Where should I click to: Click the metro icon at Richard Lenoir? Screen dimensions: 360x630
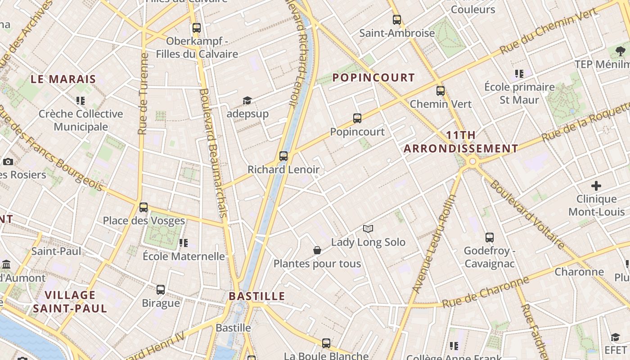point(283,156)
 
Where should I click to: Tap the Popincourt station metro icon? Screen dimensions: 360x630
point(357,118)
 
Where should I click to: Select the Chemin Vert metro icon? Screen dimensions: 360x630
point(440,90)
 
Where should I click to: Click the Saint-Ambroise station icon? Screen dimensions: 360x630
point(396,20)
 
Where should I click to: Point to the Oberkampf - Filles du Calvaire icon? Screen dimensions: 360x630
point(196,27)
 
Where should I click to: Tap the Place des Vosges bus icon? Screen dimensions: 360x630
point(144,207)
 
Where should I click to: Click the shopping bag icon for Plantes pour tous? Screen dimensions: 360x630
point(317,250)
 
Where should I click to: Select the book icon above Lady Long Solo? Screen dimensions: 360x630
point(368,229)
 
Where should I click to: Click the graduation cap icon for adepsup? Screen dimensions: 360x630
point(247,100)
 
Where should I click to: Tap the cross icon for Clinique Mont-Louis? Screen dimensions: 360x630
point(596,185)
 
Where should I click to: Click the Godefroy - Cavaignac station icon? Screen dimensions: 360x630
point(489,238)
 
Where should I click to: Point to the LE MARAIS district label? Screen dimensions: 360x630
point(63,79)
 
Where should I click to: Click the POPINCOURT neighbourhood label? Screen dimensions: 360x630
point(373,77)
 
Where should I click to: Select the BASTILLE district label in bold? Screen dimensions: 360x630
point(257,296)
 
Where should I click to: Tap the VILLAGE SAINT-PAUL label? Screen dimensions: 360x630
point(70,301)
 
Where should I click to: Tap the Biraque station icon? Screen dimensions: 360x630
point(161,290)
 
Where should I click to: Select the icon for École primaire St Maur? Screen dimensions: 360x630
point(519,73)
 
